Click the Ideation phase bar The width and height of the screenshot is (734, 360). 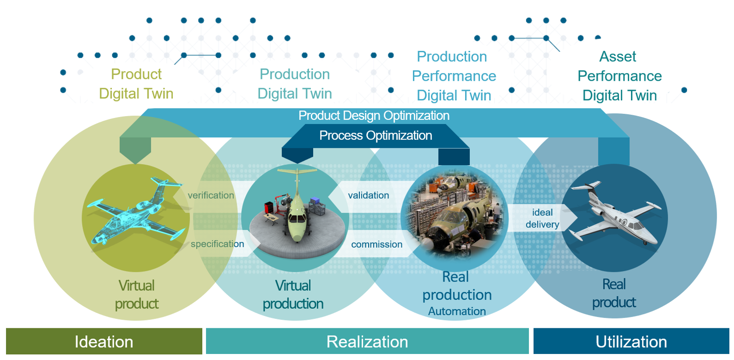click(x=104, y=341)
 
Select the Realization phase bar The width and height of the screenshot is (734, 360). click(x=367, y=341)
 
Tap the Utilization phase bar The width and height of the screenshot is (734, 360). click(x=631, y=341)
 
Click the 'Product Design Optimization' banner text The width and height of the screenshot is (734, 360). click(x=374, y=116)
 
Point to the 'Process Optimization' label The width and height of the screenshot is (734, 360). click(x=376, y=135)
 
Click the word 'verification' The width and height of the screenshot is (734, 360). click(x=211, y=195)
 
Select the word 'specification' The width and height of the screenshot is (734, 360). click(x=217, y=244)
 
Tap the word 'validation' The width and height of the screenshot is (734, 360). click(x=368, y=195)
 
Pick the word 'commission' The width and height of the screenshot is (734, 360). click(x=377, y=244)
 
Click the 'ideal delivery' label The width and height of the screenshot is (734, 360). click(x=542, y=218)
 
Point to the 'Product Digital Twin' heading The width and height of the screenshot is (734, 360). click(x=136, y=84)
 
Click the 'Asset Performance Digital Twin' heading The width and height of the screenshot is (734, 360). click(x=619, y=76)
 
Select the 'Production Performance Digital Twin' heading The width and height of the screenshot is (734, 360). click(x=454, y=76)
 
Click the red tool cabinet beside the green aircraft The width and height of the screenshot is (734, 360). click(x=269, y=208)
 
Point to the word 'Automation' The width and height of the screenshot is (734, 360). click(x=457, y=311)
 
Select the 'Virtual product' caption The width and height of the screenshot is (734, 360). click(x=137, y=295)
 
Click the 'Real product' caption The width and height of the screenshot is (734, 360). click(x=614, y=293)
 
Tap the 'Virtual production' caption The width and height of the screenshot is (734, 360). click(x=293, y=295)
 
